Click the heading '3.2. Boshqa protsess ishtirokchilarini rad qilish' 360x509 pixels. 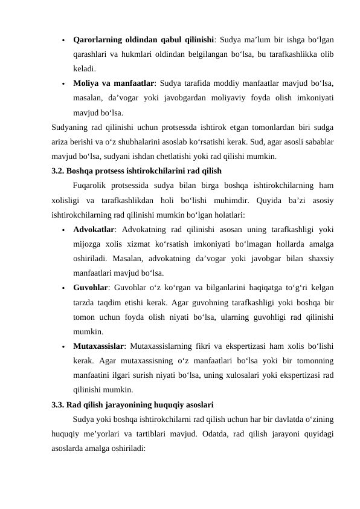(x=137, y=171)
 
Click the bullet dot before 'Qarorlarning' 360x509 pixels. (x=63, y=41)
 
